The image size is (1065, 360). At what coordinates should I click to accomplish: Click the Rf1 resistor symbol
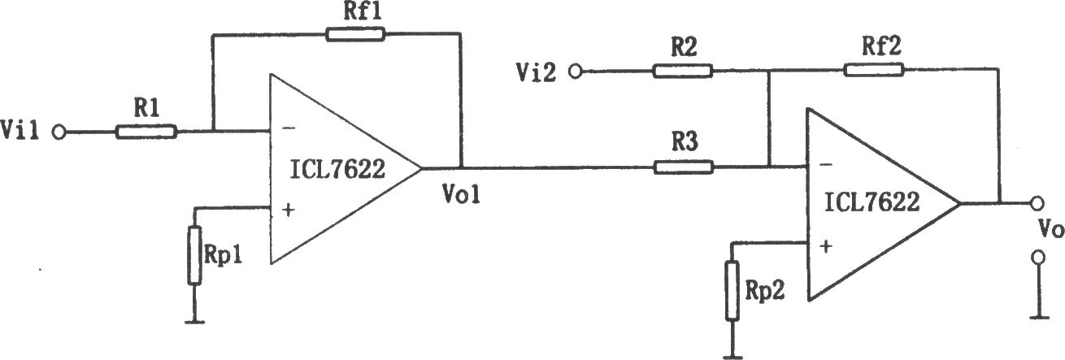click(355, 34)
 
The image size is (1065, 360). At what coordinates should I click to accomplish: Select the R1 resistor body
click(146, 132)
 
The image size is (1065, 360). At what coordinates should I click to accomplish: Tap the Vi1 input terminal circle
click(59, 132)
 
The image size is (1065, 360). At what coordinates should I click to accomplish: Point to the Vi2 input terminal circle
click(576, 72)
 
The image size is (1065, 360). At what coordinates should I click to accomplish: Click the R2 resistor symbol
click(683, 71)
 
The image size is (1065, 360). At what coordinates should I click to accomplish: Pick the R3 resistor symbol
click(683, 167)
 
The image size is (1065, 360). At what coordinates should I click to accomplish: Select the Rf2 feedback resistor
click(874, 70)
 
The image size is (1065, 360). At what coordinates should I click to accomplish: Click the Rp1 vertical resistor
click(194, 255)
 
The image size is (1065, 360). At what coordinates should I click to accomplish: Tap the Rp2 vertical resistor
click(732, 291)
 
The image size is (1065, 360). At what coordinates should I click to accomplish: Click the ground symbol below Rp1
click(194, 322)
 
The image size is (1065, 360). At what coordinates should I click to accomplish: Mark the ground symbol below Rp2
click(732, 357)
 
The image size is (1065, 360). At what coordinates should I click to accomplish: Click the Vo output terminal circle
click(1037, 203)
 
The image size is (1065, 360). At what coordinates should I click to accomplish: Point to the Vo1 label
click(461, 193)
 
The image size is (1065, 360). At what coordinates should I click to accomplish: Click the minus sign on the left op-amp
click(289, 128)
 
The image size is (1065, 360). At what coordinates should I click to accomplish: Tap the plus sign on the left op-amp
click(288, 210)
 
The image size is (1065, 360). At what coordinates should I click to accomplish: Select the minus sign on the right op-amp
click(826, 164)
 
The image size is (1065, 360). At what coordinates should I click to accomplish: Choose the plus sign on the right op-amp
click(826, 246)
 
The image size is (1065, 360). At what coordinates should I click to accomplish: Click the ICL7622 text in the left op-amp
click(337, 169)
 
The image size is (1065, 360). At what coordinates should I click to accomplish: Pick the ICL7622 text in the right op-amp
click(872, 202)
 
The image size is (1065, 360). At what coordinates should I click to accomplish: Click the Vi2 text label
click(536, 72)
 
